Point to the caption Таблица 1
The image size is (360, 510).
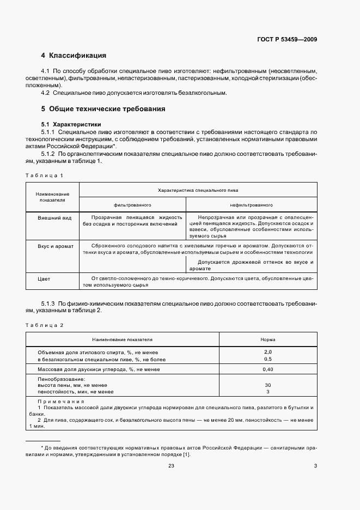click(45, 175)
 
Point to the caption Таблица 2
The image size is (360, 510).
click(45, 325)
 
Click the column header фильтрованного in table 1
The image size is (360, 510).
click(132, 205)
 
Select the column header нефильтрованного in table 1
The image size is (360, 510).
click(251, 205)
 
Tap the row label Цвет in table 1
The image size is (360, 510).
click(44, 279)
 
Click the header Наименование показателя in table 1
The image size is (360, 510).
click(52, 197)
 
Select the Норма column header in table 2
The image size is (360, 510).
click(268, 339)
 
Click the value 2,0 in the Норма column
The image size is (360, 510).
click(267, 352)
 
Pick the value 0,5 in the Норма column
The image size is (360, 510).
click(267, 359)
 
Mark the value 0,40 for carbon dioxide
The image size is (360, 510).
click(267, 369)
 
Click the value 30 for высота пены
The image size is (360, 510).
click(267, 385)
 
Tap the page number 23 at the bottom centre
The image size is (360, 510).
click(171, 465)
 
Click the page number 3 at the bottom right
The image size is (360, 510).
click(315, 465)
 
